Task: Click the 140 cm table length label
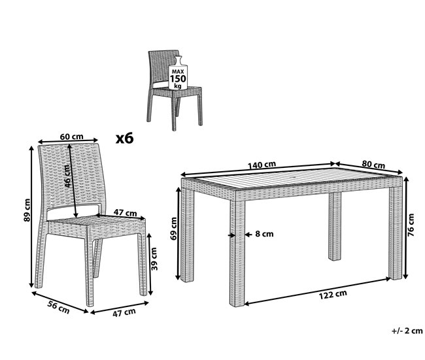coord(262,165)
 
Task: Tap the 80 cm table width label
coord(373,164)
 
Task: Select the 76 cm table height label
coord(411,225)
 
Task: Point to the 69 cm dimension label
coord(174,229)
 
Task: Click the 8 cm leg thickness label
coord(264,234)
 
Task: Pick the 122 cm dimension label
coord(333,295)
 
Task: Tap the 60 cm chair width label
coord(71,137)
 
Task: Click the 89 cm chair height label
coord(27,210)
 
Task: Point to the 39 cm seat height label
coord(154,259)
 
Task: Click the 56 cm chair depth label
coord(59,307)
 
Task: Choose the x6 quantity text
coord(125,138)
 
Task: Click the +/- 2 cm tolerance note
coord(407,331)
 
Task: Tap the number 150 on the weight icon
coord(178,79)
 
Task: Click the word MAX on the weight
coord(178,72)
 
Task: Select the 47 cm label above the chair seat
coord(125,212)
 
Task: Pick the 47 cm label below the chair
coord(124,312)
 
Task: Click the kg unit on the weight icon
coord(178,86)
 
